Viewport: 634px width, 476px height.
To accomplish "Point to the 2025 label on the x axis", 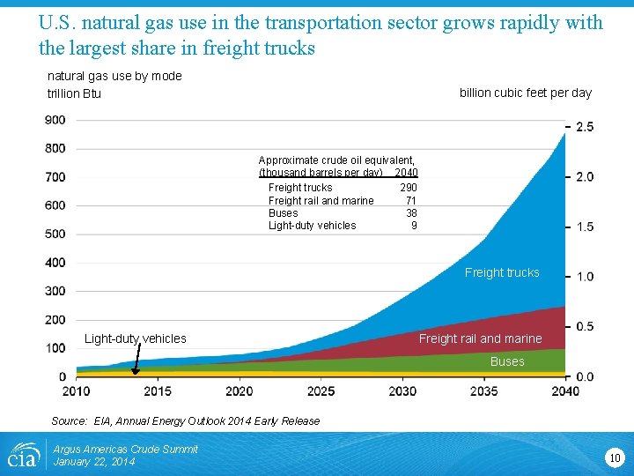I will coord(321,390).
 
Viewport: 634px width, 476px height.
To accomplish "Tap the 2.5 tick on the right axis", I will coord(584,127).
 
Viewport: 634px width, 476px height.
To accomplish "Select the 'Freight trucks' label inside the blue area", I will coord(502,272).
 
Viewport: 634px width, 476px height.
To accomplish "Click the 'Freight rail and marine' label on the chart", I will coord(480,338).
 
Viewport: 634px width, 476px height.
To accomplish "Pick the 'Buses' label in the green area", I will coord(507,361).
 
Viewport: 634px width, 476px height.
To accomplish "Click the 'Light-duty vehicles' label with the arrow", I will coord(135,338).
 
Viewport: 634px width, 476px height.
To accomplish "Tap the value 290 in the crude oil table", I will coord(409,188).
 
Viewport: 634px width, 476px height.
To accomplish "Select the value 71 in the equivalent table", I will coord(411,201).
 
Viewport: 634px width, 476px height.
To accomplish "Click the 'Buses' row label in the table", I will coord(283,213).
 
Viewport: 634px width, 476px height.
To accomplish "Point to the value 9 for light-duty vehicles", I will coord(414,226).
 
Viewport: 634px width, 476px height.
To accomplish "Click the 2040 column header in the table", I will coord(407,173).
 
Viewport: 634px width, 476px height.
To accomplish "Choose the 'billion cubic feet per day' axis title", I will coord(526,93).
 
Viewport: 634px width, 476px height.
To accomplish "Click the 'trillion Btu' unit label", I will coord(74,93).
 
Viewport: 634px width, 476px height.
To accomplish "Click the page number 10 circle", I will coord(614,457).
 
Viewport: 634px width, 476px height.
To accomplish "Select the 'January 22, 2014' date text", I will coord(94,462).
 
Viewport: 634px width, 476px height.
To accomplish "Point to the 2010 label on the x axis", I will coord(76,390).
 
